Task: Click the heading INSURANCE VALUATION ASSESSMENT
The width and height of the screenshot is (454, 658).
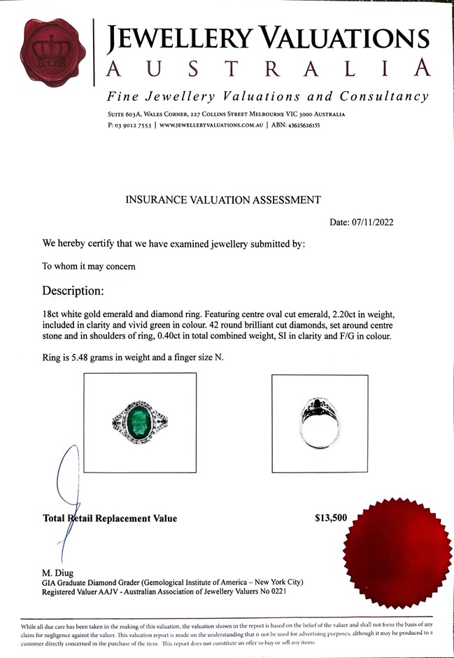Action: click(222, 199)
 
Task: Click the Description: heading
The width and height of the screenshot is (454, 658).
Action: click(73, 290)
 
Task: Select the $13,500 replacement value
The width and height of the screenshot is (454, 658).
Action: click(331, 519)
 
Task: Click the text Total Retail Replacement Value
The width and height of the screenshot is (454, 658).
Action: click(110, 519)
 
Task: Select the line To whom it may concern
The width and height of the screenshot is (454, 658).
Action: click(84, 266)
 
